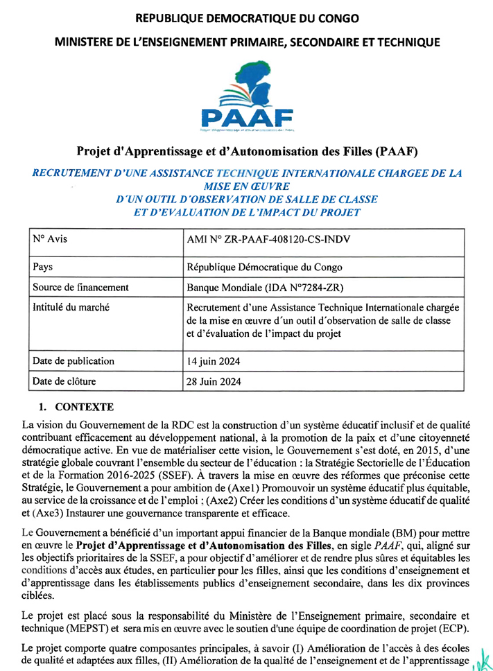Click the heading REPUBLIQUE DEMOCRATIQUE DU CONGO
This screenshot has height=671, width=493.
click(246, 17)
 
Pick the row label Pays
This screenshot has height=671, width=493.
click(43, 266)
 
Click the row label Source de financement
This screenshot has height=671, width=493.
click(80, 287)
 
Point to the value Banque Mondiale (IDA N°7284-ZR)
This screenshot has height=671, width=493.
click(266, 288)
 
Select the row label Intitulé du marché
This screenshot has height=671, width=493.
click(71, 307)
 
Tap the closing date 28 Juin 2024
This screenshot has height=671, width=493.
click(214, 381)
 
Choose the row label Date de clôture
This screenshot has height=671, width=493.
click(64, 381)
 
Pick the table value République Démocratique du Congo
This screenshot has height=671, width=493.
click(264, 267)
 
